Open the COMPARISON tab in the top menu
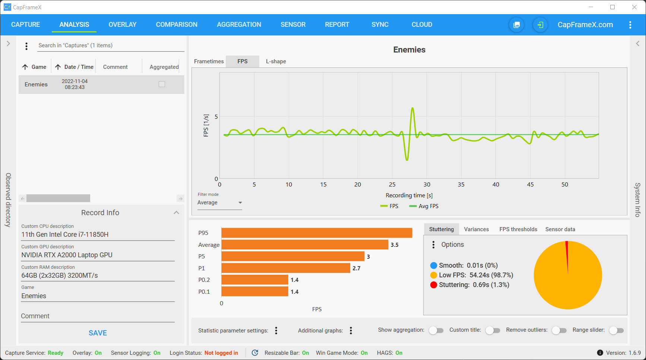coord(177,25)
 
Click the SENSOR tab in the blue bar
coord(293,25)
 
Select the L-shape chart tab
coord(276,61)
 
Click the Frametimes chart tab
coord(209,61)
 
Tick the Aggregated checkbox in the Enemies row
coord(162,84)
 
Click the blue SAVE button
coord(98,333)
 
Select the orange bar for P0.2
coord(254,280)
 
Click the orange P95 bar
coord(317,233)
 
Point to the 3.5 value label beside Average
coord(395,245)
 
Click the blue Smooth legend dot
coord(433,265)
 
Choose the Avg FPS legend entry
coord(424,206)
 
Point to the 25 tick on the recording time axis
coord(392,185)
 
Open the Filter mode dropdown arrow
coord(240,203)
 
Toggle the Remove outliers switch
coord(559,330)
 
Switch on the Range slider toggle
coord(616,330)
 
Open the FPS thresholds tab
coord(518,229)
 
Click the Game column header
coord(39,67)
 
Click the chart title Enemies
coord(409,50)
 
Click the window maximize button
coord(612,7)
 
